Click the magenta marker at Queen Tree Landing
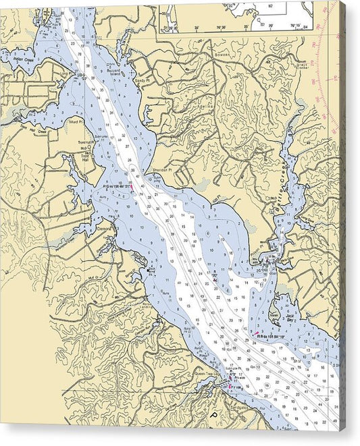pyautogui.click(x=230, y=387)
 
